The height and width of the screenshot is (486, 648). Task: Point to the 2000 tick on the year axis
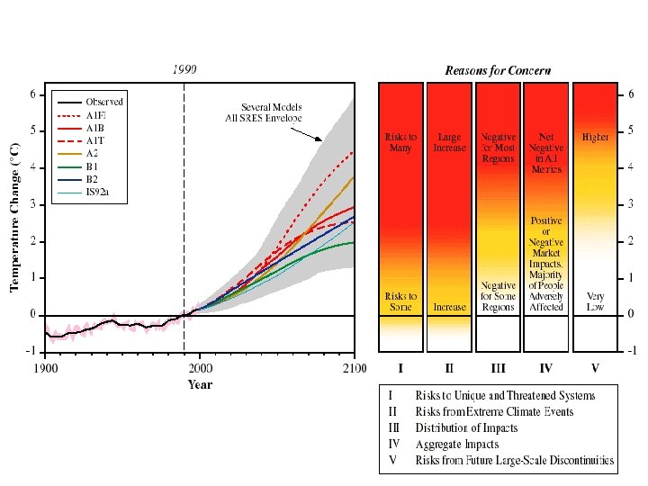200,368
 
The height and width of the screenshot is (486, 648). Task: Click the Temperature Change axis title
14,216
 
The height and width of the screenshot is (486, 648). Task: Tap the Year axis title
200,384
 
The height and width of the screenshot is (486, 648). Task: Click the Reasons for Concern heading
498,70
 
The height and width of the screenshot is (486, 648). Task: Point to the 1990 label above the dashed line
184,70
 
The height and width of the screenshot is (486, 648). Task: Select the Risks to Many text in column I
400,143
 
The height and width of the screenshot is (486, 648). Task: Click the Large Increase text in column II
449,143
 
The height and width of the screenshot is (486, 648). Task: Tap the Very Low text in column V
595,301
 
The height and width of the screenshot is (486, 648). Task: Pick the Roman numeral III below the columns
498,368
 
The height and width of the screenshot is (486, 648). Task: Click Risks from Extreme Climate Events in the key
494,412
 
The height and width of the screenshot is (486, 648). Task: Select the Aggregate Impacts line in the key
456,445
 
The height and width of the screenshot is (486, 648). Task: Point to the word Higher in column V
596,138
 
